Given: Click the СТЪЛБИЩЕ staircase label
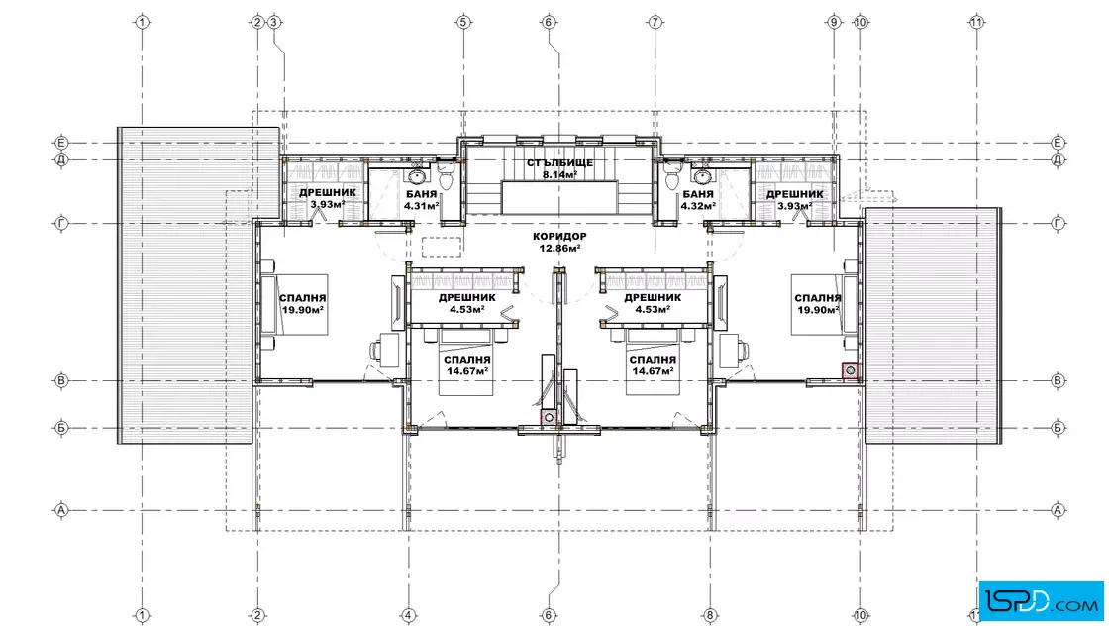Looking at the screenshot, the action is pyautogui.click(x=559, y=163).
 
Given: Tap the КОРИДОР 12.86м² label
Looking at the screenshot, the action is pyautogui.click(x=559, y=242).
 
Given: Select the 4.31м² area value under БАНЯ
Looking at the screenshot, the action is pyautogui.click(x=422, y=207).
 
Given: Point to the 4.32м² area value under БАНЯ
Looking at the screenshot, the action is pyautogui.click(x=698, y=207).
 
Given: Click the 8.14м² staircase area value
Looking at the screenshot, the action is pyautogui.click(x=560, y=175).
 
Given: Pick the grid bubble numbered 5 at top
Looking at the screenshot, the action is pyautogui.click(x=463, y=22).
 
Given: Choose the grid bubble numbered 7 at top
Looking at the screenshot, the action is pyautogui.click(x=655, y=22).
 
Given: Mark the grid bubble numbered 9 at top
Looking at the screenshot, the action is pyautogui.click(x=834, y=22).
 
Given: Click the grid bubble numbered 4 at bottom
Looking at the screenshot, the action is pyautogui.click(x=408, y=615).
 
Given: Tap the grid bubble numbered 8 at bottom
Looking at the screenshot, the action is pyautogui.click(x=710, y=615).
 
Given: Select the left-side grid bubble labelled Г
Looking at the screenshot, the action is pyautogui.click(x=61, y=224).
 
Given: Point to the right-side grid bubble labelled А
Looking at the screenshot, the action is pyautogui.click(x=1059, y=510).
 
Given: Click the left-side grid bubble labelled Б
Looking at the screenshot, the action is pyautogui.click(x=61, y=428).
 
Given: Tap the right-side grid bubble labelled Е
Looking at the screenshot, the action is pyautogui.click(x=1059, y=143).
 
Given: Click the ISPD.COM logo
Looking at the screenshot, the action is pyautogui.click(x=1041, y=601).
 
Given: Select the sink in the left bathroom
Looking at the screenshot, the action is pyautogui.click(x=417, y=175).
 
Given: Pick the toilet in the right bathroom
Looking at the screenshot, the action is pyautogui.click(x=672, y=176).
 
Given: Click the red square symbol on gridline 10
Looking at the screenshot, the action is pyautogui.click(x=851, y=370).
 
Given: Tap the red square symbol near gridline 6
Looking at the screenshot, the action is pyautogui.click(x=549, y=417).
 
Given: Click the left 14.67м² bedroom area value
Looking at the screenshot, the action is pyautogui.click(x=466, y=371).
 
